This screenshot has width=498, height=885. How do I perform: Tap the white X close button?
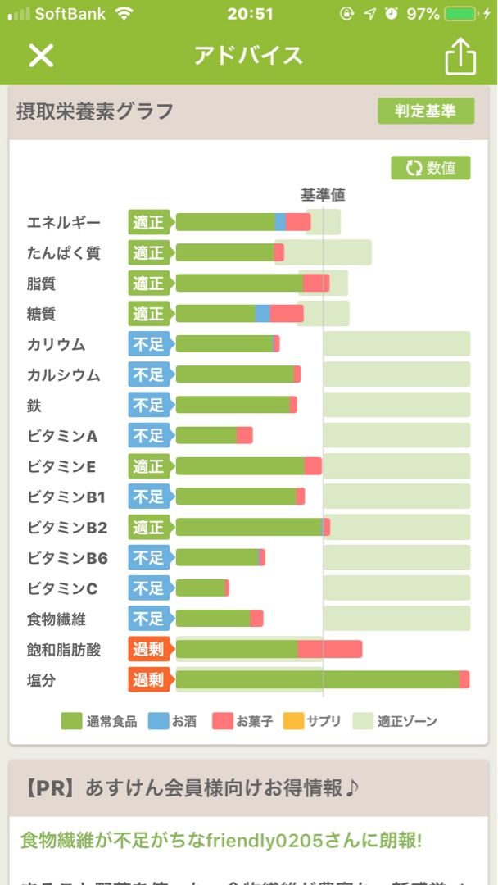[x=41, y=55]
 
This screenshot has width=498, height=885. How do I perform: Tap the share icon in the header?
[x=460, y=56]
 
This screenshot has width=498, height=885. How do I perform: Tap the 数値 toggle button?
[x=430, y=168]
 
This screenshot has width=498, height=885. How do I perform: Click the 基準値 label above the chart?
[x=323, y=195]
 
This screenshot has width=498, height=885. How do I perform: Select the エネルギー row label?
[x=64, y=222]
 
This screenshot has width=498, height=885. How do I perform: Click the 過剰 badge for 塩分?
[x=148, y=679]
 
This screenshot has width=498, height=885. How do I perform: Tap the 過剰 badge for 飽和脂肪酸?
[x=148, y=650]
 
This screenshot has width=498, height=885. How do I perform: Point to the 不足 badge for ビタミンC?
[x=148, y=588]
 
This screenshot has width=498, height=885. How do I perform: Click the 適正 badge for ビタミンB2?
[x=148, y=527]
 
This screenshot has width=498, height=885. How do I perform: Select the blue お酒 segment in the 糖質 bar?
[x=263, y=314]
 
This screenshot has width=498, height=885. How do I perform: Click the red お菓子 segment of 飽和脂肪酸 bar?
[x=330, y=650]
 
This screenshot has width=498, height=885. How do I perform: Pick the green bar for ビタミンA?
[x=206, y=435]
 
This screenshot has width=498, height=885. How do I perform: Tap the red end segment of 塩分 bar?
[x=464, y=679]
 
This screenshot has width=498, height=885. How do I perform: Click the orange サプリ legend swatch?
[x=293, y=721]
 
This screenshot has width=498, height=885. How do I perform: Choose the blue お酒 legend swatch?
[x=158, y=721]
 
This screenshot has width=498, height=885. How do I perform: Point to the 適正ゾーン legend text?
[x=407, y=721]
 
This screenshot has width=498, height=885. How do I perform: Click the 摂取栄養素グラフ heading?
[x=95, y=111]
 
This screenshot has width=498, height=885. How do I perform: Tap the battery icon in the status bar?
[x=461, y=14]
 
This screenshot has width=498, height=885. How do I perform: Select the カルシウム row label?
[x=63, y=374]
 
